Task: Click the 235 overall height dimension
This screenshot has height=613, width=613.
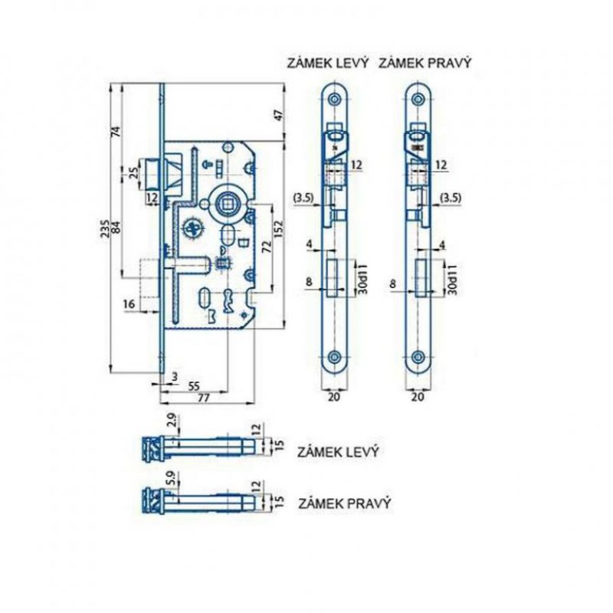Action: (104, 228)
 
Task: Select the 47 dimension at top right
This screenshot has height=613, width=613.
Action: (278, 116)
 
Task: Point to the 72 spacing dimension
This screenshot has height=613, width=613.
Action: (267, 247)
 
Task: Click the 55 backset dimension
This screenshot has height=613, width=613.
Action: (194, 386)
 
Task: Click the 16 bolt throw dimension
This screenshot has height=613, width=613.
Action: (129, 303)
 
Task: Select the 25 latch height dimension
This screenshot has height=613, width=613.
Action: (133, 173)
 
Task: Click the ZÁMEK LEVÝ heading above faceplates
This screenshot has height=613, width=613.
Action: (328, 63)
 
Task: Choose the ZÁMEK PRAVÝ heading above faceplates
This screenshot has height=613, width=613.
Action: (425, 63)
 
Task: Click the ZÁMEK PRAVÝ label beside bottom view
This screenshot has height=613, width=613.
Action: (344, 503)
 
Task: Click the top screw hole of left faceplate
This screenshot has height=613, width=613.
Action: (334, 99)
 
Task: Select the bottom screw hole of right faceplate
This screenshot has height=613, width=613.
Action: (418, 356)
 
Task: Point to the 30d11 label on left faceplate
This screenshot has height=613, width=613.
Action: (363, 279)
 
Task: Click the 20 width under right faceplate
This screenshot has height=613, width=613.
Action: (418, 397)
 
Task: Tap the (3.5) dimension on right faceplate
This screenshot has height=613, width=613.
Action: (451, 198)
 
